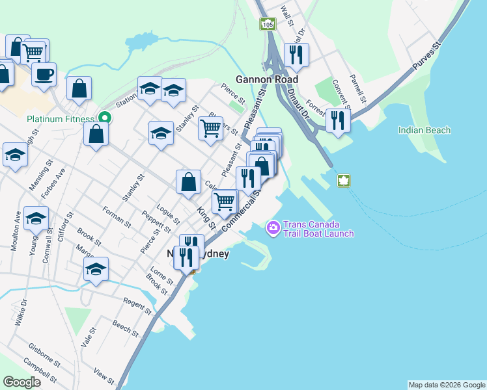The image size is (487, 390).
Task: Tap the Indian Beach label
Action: (x=424, y=130)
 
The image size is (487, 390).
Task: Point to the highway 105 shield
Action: (x=268, y=24)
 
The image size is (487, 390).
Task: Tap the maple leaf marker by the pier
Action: (x=344, y=180)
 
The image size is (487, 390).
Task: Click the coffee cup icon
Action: (x=44, y=74)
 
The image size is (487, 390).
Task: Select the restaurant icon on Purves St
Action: (x=338, y=120)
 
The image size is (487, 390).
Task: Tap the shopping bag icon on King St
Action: (x=188, y=182)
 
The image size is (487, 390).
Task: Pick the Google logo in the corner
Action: (x=21, y=382)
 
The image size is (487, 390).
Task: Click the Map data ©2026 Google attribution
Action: (x=447, y=385)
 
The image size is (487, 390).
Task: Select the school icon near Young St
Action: (x=36, y=218)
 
